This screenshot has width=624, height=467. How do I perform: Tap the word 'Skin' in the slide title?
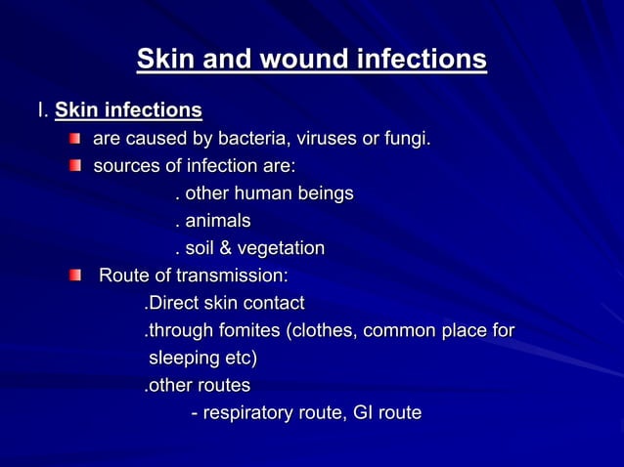coord(166,60)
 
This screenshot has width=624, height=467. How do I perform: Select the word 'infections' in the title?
coord(426,60)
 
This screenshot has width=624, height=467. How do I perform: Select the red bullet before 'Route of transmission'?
coord(75,276)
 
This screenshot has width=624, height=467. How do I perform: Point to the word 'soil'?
coord(202,248)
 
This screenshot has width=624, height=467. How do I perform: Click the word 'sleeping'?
coord(184,359)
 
